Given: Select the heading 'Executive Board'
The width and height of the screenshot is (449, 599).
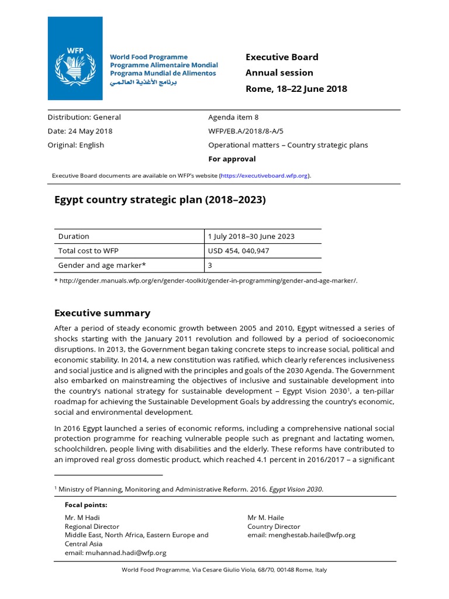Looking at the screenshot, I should tap(282, 57).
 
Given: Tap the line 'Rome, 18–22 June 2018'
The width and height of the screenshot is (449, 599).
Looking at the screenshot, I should tap(296, 89).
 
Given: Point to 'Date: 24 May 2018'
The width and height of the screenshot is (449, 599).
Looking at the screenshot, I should tap(80, 131).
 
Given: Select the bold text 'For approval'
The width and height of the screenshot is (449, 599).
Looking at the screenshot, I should tap(232, 159).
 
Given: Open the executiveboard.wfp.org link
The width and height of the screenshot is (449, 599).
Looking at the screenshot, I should tap(265, 175).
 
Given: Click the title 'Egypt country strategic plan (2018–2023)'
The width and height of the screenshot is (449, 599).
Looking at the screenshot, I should tap(160, 200).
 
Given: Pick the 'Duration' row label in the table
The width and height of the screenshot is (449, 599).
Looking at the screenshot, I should tap(74, 236).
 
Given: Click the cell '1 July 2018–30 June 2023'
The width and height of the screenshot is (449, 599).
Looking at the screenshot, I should tap(251, 236).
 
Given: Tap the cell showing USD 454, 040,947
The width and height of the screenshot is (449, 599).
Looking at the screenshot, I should tap(239, 250).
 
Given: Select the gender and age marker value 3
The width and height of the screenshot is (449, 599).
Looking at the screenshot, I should tap(210, 264).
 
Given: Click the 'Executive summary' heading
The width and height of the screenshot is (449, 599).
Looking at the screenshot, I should tap(102, 313).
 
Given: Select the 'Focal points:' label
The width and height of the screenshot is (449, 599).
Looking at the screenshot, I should tap(86, 505).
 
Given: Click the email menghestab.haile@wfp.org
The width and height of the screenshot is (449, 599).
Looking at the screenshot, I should tap(301, 535).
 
